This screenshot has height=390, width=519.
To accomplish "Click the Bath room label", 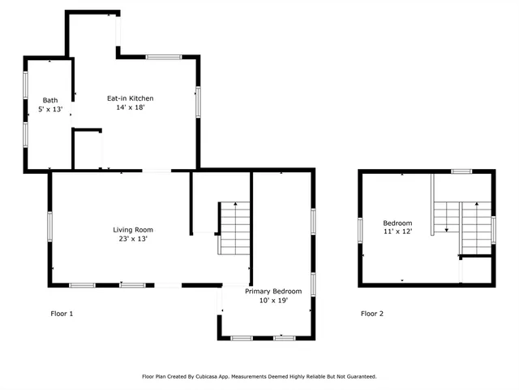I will point(49,100).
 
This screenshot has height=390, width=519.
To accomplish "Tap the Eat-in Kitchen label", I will point(130,98).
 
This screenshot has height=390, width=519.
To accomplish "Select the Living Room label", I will point(132,230).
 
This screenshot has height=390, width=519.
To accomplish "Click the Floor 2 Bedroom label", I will point(397,223).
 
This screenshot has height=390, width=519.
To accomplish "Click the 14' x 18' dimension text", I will point(130,107).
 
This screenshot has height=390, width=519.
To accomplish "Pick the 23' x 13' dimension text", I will point(132,239).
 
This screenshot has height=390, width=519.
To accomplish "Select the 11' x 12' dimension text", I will point(397,232).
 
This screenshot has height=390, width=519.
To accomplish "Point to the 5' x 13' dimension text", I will point(49,109).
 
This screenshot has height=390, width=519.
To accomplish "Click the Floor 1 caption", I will point(62,314).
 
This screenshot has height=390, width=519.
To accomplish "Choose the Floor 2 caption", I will point(372,314).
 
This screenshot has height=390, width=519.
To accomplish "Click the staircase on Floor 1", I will point(234,228).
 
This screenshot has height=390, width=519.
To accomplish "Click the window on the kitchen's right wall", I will point(198,101).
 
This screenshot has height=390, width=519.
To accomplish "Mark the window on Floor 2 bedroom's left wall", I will point(361,229).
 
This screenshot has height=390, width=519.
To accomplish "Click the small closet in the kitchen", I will point(87,149).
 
